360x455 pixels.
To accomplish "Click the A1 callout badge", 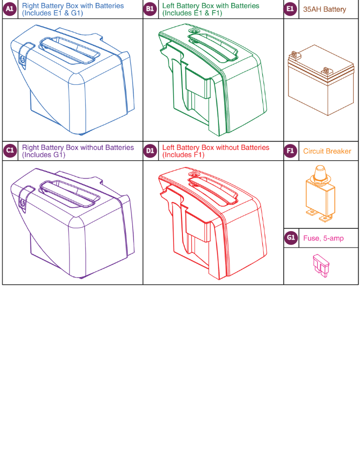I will coord(10,9).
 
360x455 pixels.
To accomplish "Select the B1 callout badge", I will coord(150,9).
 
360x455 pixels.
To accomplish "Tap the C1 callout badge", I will coord(10,151).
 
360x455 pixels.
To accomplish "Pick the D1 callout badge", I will coord(150,151).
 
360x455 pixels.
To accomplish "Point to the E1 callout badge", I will coord(291,9).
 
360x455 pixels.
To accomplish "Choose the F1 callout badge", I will coord(291,151).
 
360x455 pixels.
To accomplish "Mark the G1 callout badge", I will coord(291,238).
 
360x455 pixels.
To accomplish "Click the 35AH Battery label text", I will coord(324,9).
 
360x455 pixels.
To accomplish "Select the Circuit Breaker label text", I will coord(327,151).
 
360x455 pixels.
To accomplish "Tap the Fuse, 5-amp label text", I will coord(324,239).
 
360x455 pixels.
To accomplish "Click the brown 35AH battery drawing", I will coord(321,79).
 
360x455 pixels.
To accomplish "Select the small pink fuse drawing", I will coord(320,266).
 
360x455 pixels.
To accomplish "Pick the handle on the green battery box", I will coord(210,47).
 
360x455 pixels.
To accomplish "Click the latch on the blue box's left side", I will coord(22,58).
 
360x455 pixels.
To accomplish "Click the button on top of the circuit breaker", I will coord(319,171).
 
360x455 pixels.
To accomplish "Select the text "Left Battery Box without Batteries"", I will coord(216,147).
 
